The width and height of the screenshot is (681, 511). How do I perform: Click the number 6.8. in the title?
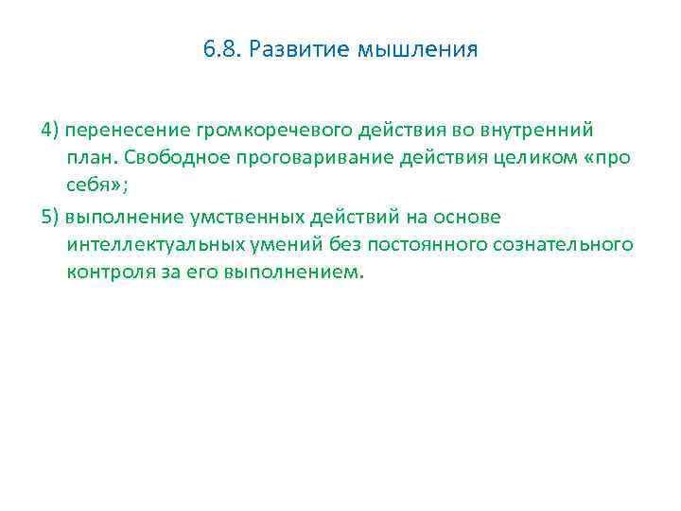tap(219, 48)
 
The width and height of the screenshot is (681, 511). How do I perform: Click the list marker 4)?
tap(51, 129)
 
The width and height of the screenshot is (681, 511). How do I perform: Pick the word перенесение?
tap(115, 129)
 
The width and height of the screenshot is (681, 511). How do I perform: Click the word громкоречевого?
tap(247, 129)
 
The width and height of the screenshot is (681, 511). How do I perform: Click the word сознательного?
tap(563, 245)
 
